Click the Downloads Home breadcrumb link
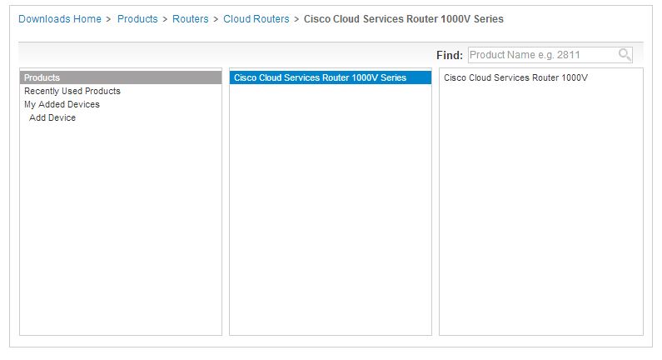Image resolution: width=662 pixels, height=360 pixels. tap(60, 19)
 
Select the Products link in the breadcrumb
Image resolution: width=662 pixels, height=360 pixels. tap(137, 19)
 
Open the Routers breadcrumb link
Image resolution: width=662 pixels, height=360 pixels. tap(191, 19)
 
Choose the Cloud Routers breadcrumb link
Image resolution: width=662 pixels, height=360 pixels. tap(256, 19)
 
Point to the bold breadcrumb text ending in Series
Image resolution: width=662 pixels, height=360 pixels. tap(404, 19)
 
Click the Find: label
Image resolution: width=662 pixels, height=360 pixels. tap(450, 55)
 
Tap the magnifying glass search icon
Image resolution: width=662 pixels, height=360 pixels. tap(625, 54)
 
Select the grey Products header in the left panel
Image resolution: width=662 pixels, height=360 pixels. tap(121, 77)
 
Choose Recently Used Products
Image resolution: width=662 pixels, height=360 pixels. tap(72, 91)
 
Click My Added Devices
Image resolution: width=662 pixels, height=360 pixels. tap(62, 104)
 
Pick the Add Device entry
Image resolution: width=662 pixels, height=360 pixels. tap(52, 117)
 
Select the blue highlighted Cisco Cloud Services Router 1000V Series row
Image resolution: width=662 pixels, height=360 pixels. tap(331, 77)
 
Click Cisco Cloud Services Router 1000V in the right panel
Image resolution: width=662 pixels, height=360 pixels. tap(515, 77)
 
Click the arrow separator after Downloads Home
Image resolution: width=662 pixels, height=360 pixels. tap(108, 19)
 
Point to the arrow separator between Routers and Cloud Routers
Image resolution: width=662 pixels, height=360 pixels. tap(216, 19)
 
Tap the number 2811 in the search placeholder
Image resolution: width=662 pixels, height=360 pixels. tap(568, 55)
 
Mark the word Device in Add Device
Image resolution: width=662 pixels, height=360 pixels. tap(62, 117)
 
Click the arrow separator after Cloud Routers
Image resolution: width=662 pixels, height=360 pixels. tap(296, 19)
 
